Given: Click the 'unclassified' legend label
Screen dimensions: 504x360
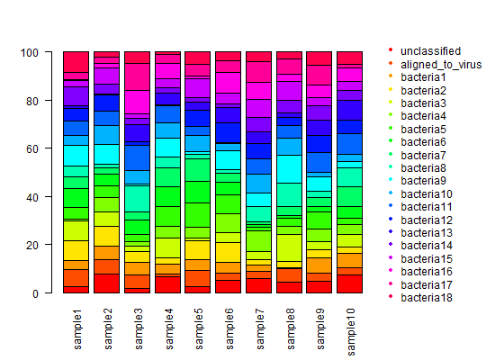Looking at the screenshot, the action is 430,51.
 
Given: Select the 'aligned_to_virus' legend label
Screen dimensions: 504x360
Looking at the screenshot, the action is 441,65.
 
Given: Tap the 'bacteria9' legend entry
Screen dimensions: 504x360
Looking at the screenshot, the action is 423,181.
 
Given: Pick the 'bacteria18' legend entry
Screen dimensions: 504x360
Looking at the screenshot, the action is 427,298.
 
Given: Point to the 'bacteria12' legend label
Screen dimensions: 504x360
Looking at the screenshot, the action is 427,220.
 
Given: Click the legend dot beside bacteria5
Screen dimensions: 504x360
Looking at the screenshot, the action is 391,128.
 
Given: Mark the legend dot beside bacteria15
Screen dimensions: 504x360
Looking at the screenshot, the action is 391,257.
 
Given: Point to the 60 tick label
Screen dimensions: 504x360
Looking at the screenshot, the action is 32,149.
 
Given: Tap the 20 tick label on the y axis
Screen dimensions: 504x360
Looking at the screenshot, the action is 32,246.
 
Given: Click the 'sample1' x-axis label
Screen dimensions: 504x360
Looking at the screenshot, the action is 77,329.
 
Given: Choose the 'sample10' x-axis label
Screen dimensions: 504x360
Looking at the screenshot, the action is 351,332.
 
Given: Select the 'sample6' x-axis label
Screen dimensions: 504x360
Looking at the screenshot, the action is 229,329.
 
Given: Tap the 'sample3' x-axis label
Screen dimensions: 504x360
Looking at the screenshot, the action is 139,329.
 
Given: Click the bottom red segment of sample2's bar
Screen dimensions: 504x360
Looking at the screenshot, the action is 107,283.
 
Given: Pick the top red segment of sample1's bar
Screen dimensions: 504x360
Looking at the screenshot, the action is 76,62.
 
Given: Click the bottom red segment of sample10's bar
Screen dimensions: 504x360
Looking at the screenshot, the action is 350,283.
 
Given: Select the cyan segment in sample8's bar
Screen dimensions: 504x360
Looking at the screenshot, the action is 289,169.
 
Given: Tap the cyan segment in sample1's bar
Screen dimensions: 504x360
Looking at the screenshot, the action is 76,156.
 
